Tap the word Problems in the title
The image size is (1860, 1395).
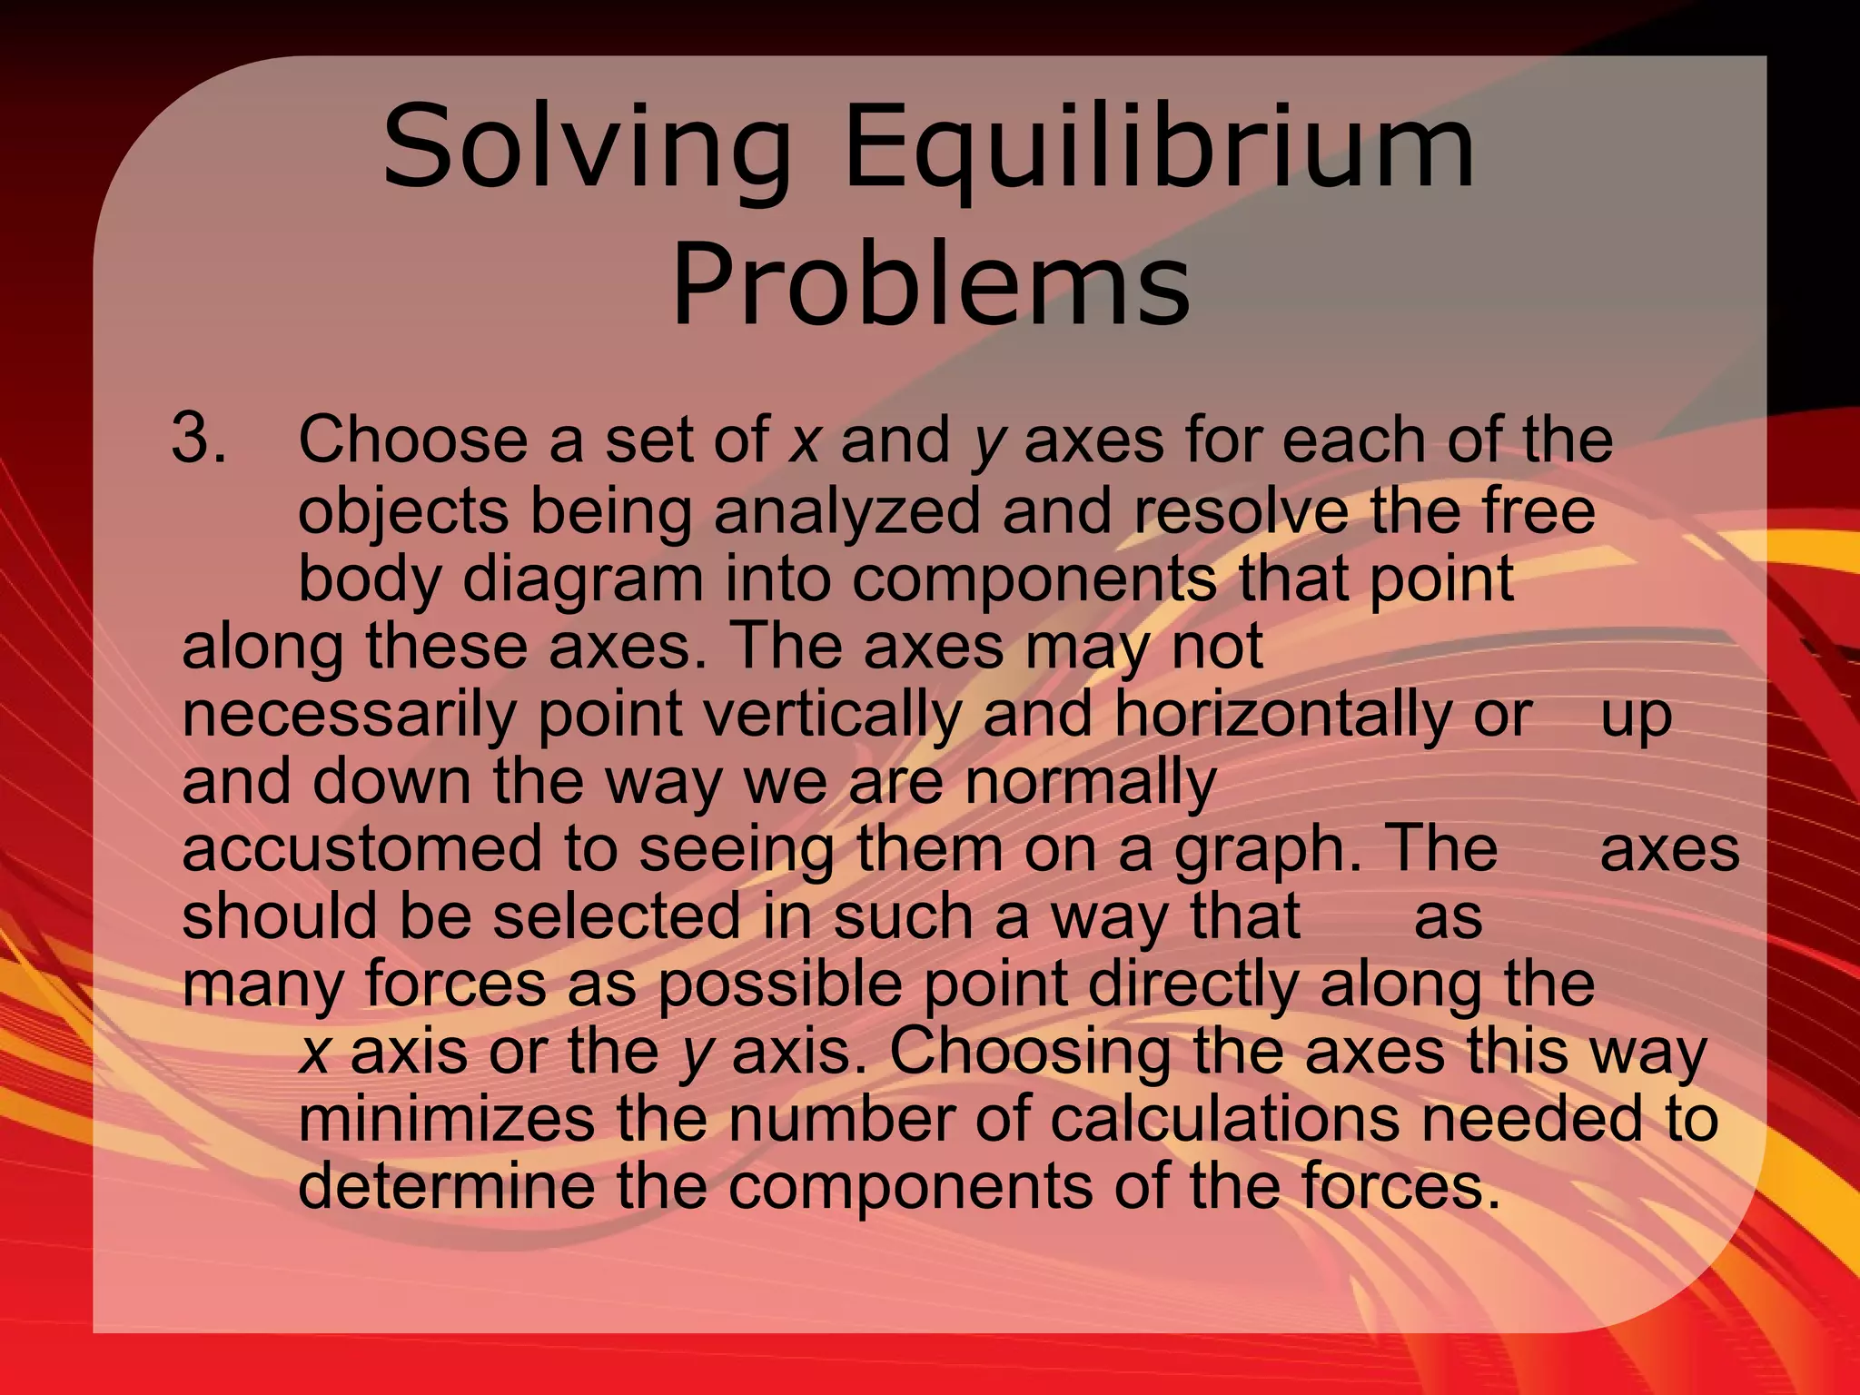pyautogui.click(x=930, y=282)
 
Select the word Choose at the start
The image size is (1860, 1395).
pyautogui.click(x=412, y=440)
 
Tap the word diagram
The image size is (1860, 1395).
pyautogui.click(x=582, y=579)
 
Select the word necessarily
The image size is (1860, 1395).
pyautogui.click(x=349, y=715)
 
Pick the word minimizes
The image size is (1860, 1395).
pyautogui.click(x=446, y=1119)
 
